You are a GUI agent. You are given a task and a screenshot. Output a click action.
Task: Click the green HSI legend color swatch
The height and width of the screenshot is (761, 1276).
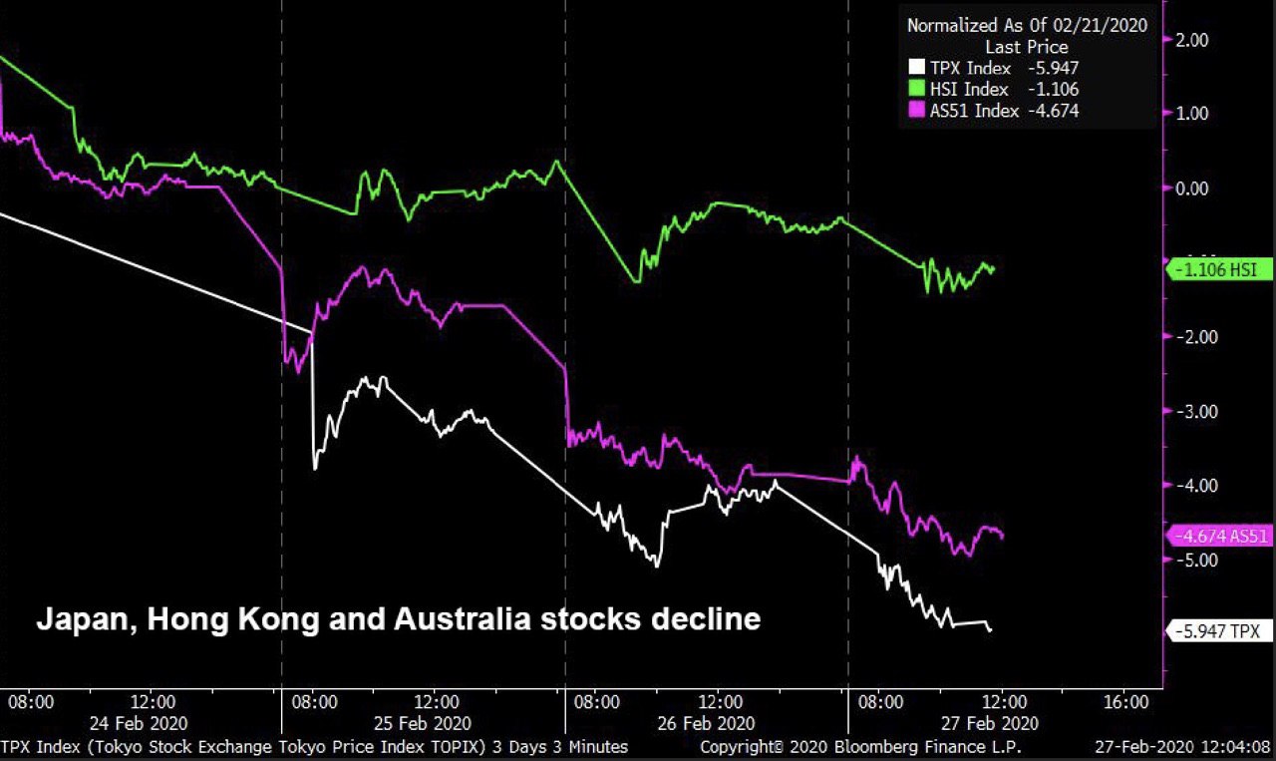[x=917, y=90]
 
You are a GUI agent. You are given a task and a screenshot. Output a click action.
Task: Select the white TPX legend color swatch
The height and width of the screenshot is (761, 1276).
[x=917, y=68]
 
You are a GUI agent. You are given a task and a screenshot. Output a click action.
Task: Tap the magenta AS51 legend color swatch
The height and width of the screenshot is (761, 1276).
[x=917, y=111]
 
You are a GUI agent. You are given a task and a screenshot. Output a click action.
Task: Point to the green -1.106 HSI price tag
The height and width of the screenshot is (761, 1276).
[x=1218, y=269]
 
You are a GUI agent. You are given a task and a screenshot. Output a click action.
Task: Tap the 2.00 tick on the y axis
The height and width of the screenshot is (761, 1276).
[x=1192, y=40]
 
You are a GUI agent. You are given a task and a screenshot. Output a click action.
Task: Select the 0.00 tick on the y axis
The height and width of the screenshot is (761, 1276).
[x=1192, y=189]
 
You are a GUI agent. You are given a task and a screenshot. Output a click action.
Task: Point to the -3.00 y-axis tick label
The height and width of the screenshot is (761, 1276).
[x=1190, y=411]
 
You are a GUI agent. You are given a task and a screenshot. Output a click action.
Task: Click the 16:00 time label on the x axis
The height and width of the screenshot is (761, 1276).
[x=1127, y=701]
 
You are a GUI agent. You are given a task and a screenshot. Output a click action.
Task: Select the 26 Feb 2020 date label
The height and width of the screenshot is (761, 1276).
[x=705, y=723]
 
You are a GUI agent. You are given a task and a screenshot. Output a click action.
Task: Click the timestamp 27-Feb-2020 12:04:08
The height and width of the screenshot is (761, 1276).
[x=1186, y=746]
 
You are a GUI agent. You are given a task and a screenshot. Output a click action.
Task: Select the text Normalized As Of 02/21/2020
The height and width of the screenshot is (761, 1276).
[x=1027, y=26]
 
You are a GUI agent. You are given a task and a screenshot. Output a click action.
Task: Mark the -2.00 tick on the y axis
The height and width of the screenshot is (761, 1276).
[x=1190, y=337]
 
